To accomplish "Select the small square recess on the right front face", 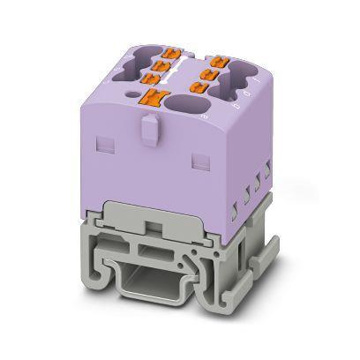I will coord(197,160).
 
